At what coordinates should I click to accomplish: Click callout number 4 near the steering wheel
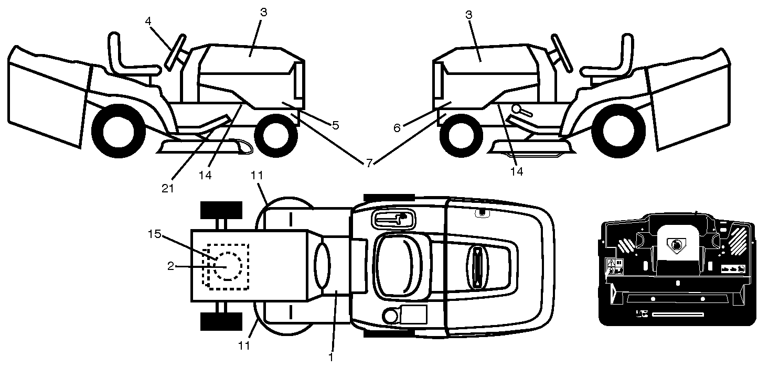148,21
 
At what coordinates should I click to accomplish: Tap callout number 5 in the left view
336,125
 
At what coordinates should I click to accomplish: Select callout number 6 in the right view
397,128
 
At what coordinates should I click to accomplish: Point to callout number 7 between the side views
369,163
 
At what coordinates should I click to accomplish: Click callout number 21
168,188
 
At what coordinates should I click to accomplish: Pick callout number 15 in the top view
155,234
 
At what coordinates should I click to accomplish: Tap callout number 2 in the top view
170,266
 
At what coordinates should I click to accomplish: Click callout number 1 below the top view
331,357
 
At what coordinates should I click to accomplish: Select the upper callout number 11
257,175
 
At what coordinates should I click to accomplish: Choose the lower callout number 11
244,345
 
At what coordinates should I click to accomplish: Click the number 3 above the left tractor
263,13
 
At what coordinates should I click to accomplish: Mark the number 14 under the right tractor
517,171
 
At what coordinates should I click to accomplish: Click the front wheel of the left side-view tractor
275,135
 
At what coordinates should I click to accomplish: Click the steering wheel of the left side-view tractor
175,52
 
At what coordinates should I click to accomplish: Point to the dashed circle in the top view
228,266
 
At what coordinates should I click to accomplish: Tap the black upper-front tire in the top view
221,210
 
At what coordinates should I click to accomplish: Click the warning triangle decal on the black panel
611,263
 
